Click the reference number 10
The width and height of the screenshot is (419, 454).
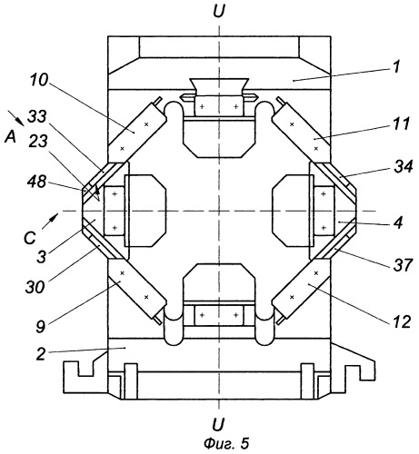(x=39, y=80)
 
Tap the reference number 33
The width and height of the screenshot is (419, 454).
(x=37, y=117)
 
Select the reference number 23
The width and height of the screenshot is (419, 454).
(x=38, y=141)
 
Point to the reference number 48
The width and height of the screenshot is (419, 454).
(x=36, y=182)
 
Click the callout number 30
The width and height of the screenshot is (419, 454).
(x=35, y=286)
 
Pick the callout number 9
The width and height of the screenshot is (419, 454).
(x=41, y=326)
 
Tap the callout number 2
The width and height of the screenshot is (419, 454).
(x=41, y=353)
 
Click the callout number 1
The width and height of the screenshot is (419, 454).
(x=396, y=66)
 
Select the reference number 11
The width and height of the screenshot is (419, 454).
(x=401, y=123)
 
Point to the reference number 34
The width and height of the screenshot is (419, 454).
(x=404, y=166)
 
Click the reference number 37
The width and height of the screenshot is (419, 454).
(x=403, y=265)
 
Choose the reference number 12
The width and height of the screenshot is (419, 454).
(x=401, y=321)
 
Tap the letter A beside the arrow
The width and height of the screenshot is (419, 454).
(x=10, y=138)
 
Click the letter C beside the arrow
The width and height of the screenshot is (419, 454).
(x=30, y=238)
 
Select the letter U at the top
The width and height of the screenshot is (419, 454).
(x=219, y=13)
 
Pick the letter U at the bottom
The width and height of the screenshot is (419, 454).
(x=218, y=424)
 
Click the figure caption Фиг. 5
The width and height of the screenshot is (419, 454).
(x=226, y=443)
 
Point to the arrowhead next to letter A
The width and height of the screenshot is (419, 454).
(x=21, y=121)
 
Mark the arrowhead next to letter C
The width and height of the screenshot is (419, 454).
(x=54, y=217)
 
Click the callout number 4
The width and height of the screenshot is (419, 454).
(x=398, y=223)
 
